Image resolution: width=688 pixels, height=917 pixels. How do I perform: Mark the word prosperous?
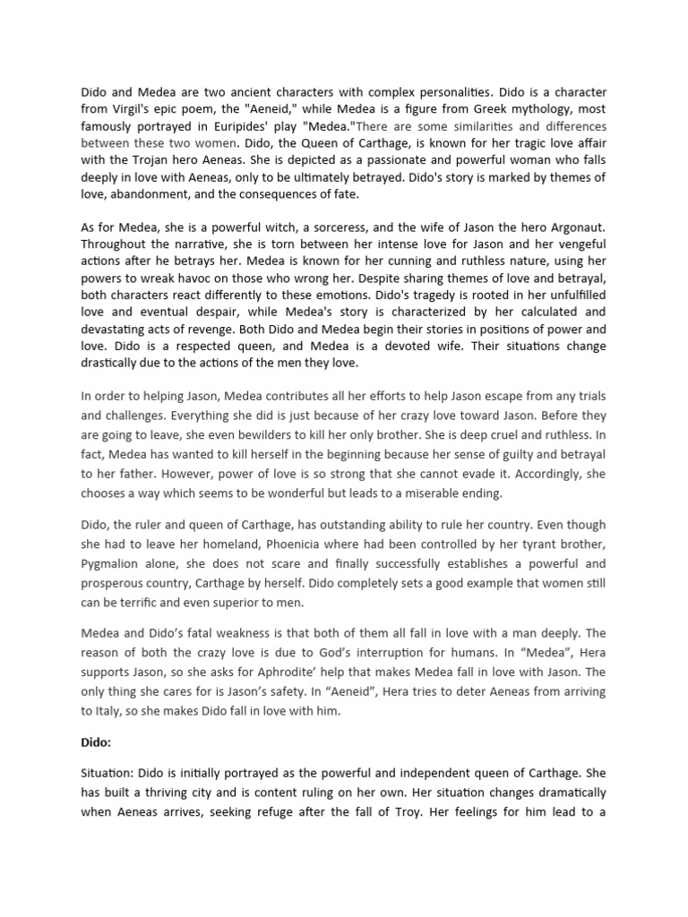coord(117,582)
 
